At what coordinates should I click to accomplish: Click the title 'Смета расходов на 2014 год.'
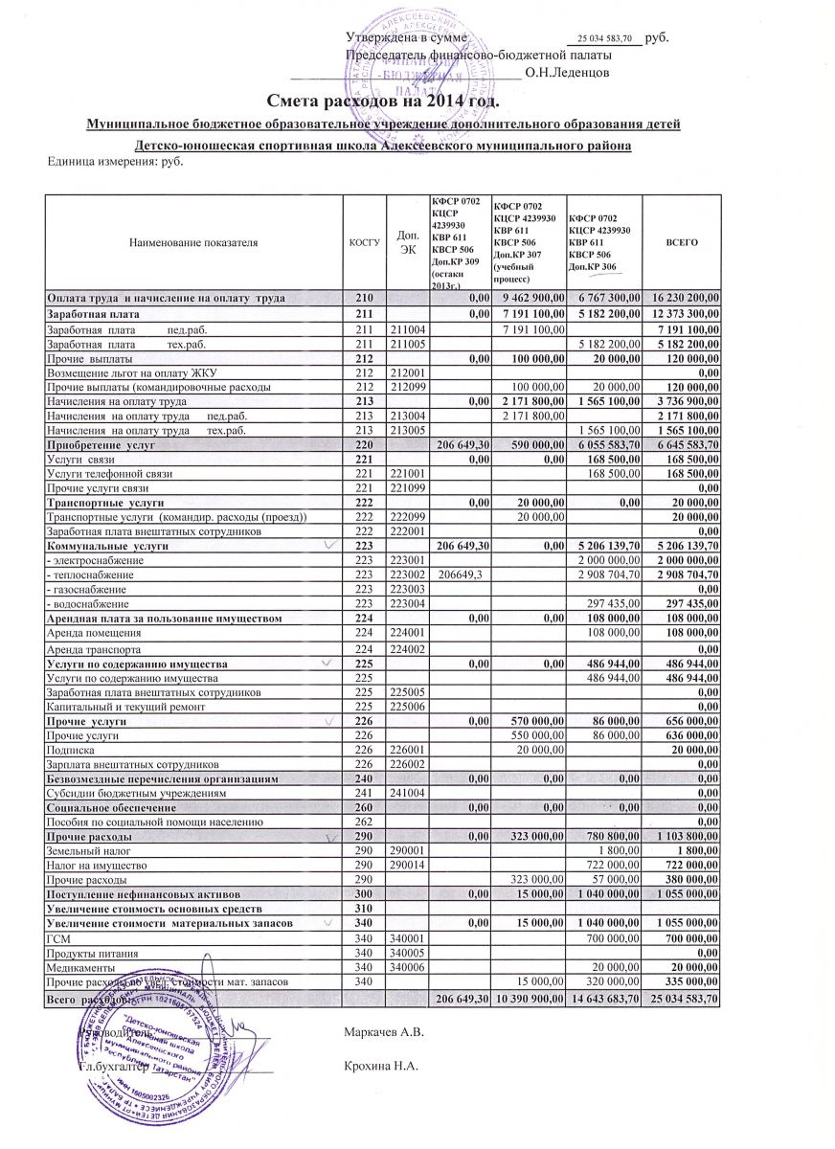pyautogui.click(x=383, y=101)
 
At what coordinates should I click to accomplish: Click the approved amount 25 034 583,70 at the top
pyautogui.click(x=606, y=40)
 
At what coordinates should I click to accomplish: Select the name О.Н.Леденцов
pyautogui.click(x=575, y=73)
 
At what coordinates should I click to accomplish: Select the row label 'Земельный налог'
pyautogui.click(x=88, y=851)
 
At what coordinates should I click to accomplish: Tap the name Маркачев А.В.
pyautogui.click(x=382, y=1033)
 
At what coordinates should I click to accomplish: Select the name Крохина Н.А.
pyautogui.click(x=377, y=1068)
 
